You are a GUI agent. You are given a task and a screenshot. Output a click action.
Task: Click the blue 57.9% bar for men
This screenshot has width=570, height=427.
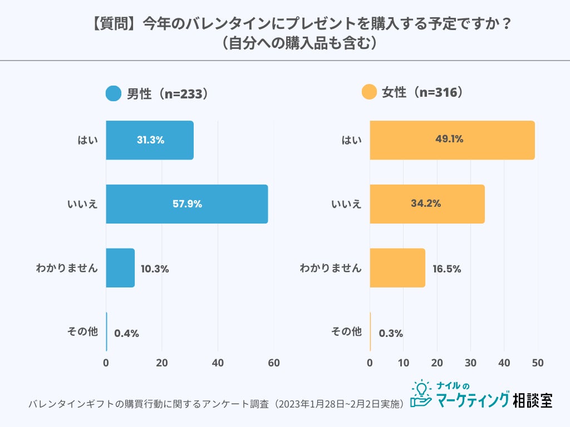[x=186, y=204]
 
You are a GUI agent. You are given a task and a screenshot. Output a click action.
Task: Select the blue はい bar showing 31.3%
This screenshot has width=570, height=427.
[x=150, y=140]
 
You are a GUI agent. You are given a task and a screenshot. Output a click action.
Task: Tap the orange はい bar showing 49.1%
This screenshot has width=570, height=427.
[x=452, y=140]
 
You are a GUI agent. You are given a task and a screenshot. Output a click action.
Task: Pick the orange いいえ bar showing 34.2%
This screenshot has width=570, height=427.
[x=427, y=204]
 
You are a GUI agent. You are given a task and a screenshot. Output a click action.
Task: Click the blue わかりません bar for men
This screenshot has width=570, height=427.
[x=120, y=268]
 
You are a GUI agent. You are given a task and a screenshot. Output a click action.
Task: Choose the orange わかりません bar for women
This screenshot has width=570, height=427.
[x=397, y=268]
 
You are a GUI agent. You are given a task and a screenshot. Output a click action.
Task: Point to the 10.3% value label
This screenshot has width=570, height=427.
[x=155, y=269]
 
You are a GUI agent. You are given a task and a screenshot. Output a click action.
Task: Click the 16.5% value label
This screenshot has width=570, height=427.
[x=446, y=269]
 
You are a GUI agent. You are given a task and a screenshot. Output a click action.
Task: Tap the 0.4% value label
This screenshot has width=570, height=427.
[x=126, y=334]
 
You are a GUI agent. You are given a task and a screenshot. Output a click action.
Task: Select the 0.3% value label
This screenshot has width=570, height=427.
[x=391, y=334]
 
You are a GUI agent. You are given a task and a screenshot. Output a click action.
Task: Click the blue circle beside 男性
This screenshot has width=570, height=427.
[x=113, y=93]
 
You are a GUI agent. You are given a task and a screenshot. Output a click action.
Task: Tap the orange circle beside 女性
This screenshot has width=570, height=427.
[x=369, y=93]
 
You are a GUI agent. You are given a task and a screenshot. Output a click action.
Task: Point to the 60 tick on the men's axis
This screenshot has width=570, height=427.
[x=273, y=363]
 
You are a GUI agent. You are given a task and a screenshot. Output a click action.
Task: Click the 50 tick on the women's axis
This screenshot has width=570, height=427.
[x=537, y=363]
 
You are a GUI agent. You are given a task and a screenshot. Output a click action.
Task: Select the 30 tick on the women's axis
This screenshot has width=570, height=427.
[x=470, y=363]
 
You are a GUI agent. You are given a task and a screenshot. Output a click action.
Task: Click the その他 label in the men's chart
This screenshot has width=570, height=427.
[x=82, y=332]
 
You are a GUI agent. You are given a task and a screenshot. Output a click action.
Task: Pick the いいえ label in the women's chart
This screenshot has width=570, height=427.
[x=346, y=204]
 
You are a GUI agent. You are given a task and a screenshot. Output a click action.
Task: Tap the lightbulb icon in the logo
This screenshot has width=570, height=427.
[x=422, y=388]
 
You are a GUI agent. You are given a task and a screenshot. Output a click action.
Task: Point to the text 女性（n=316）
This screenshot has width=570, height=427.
[x=423, y=93]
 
